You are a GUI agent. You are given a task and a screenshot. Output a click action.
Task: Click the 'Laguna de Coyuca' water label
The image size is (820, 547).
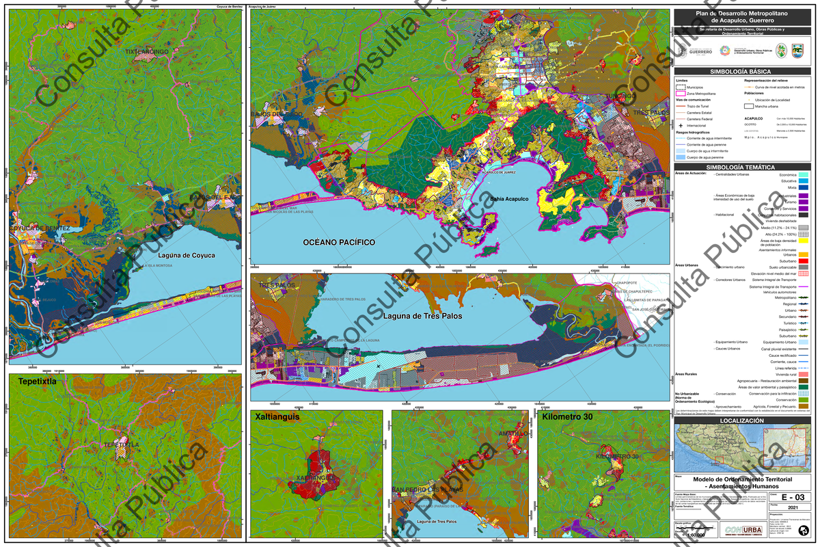point(186,256)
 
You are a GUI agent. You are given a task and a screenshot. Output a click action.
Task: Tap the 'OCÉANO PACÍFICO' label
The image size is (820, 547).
point(338,242)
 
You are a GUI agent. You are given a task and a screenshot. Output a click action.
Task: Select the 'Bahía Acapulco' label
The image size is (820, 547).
point(509,199)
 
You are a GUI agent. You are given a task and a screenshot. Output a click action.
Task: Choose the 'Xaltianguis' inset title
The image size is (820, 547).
point(279,416)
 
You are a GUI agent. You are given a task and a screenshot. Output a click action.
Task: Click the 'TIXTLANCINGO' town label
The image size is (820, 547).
point(146,51)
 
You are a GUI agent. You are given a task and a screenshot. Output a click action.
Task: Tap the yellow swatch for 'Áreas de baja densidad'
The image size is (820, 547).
point(804,240)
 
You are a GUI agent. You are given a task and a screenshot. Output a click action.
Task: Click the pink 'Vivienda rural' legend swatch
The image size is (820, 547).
point(804,374)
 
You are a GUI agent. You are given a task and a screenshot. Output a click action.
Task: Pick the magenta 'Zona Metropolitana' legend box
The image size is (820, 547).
point(681,94)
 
